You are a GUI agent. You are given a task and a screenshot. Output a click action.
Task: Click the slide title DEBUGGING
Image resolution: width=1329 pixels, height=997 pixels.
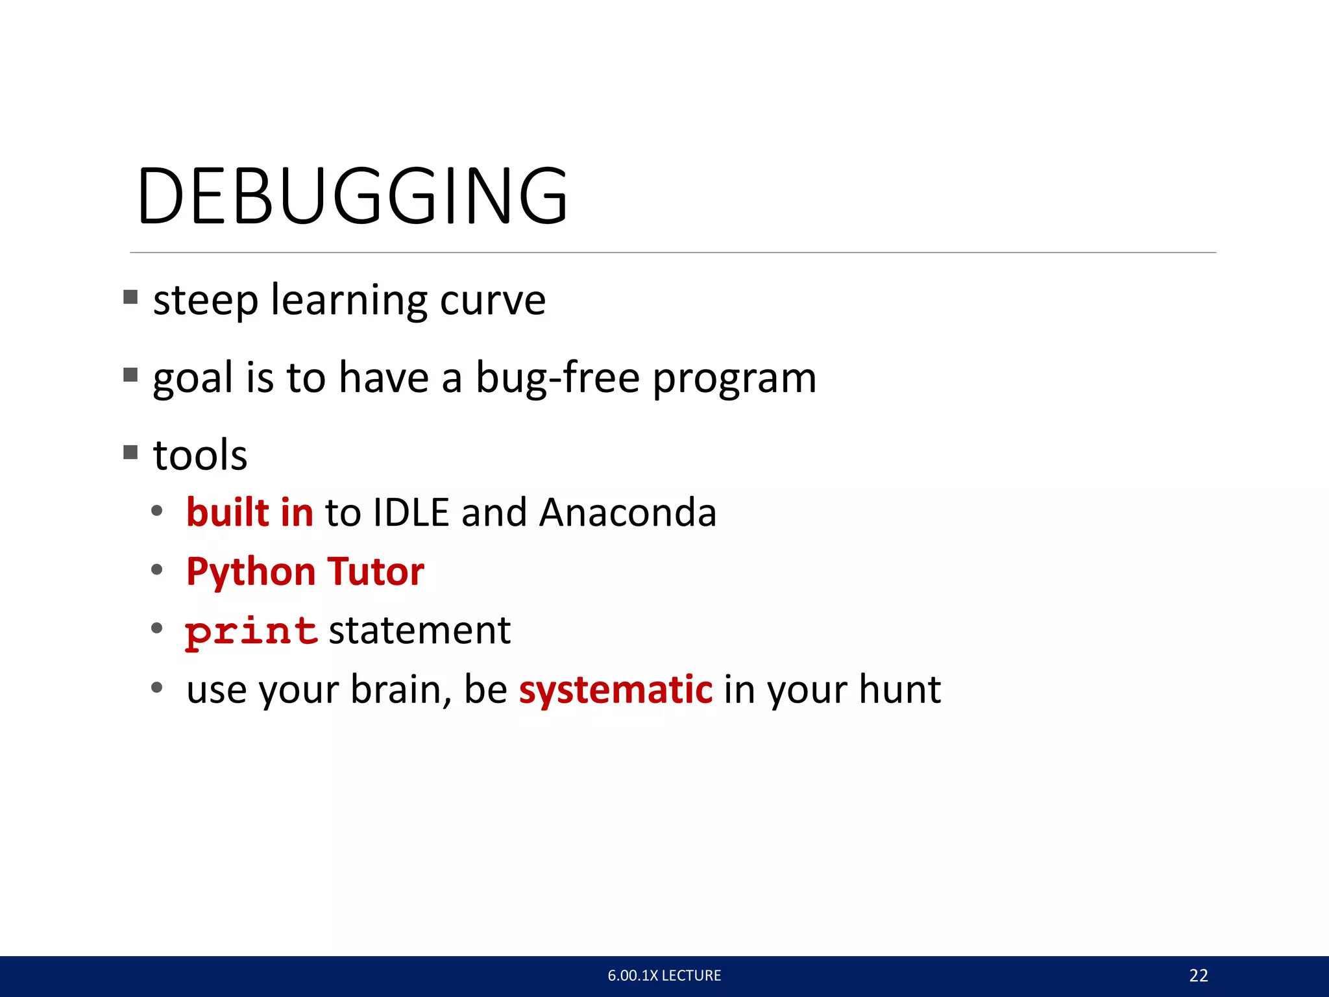pyautogui.click(x=352, y=196)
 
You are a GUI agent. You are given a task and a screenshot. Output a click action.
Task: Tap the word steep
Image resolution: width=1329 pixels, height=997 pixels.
pyautogui.click(x=205, y=301)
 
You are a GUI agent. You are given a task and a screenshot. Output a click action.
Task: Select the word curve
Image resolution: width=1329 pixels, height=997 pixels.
pyautogui.click(x=493, y=301)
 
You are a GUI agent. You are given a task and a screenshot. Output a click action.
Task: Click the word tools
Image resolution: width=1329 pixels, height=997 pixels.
pyautogui.click(x=200, y=455)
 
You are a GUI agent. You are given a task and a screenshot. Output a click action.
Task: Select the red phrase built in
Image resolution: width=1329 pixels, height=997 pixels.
pyautogui.click(x=250, y=513)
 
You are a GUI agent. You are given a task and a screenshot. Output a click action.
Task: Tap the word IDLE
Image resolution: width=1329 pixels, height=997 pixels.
pyautogui.click(x=411, y=513)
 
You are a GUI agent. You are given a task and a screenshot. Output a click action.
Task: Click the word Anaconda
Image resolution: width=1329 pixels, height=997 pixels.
pyautogui.click(x=628, y=513)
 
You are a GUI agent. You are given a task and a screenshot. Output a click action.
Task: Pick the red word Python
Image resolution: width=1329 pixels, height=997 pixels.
pyautogui.click(x=250, y=572)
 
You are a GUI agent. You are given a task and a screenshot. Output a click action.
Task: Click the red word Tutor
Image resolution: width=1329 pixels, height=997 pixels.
pyautogui.click(x=376, y=572)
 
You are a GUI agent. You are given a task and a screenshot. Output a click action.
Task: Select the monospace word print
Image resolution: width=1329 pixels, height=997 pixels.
pyautogui.click(x=251, y=632)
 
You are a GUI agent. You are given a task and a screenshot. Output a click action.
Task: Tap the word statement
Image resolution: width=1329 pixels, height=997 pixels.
pyautogui.click(x=420, y=631)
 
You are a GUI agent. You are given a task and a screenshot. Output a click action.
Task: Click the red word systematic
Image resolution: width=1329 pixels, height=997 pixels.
pyautogui.click(x=616, y=690)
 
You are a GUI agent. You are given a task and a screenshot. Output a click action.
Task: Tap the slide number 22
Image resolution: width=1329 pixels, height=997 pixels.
pyautogui.click(x=1198, y=976)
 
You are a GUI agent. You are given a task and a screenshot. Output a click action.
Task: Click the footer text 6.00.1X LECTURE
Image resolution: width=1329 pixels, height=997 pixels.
pyautogui.click(x=664, y=976)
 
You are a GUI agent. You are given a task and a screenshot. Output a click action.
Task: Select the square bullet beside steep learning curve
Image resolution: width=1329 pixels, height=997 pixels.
pyautogui.click(x=130, y=297)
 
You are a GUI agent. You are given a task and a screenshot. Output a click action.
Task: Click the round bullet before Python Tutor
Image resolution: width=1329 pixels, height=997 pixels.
pyautogui.click(x=156, y=570)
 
